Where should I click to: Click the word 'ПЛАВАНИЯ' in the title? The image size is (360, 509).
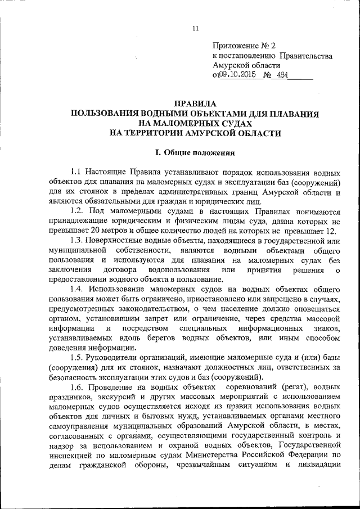[x=292, y=114]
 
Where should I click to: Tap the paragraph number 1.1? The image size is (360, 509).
[x=76, y=172]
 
